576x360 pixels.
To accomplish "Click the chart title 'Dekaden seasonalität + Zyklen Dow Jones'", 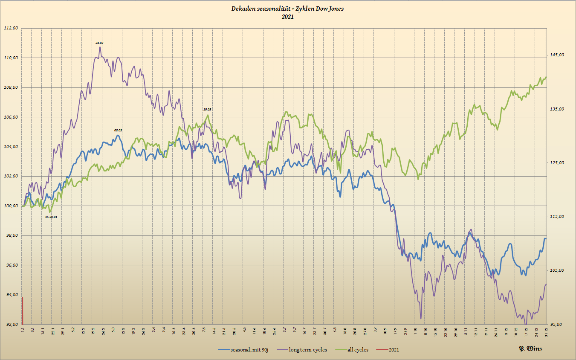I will click(x=287, y=9).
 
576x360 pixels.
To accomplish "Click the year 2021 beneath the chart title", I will click(x=287, y=17).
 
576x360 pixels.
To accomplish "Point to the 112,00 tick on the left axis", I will click(x=11, y=28).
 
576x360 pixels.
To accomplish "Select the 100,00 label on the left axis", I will click(x=11, y=206).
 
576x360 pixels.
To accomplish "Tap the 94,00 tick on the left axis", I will click(x=11, y=295).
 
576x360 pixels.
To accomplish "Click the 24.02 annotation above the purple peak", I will click(x=99, y=43).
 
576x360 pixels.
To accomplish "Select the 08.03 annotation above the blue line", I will click(x=118, y=130).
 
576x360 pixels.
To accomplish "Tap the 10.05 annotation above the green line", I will click(x=207, y=110).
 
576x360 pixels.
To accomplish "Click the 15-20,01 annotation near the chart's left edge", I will click(x=51, y=217).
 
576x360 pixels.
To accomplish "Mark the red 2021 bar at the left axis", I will click(x=22, y=311).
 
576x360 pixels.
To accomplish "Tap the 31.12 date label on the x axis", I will click(x=547, y=331).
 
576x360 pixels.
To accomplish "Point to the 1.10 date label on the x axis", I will click(x=415, y=331).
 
